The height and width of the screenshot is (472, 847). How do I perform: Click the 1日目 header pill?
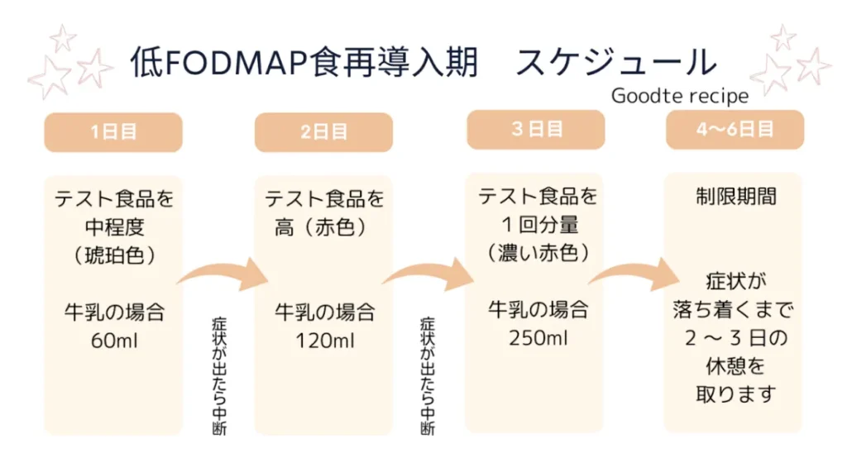click(x=113, y=132)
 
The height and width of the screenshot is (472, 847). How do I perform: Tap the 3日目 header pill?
click(x=536, y=130)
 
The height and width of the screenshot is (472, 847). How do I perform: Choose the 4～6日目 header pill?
click(x=735, y=130)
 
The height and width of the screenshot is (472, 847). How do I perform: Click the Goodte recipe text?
click(x=680, y=97)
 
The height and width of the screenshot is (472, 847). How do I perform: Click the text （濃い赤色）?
click(x=538, y=252)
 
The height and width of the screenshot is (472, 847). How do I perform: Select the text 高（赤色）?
click(x=321, y=226)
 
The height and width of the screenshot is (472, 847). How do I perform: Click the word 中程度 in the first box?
click(x=113, y=227)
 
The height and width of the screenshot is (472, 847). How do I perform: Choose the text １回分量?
click(x=538, y=224)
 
